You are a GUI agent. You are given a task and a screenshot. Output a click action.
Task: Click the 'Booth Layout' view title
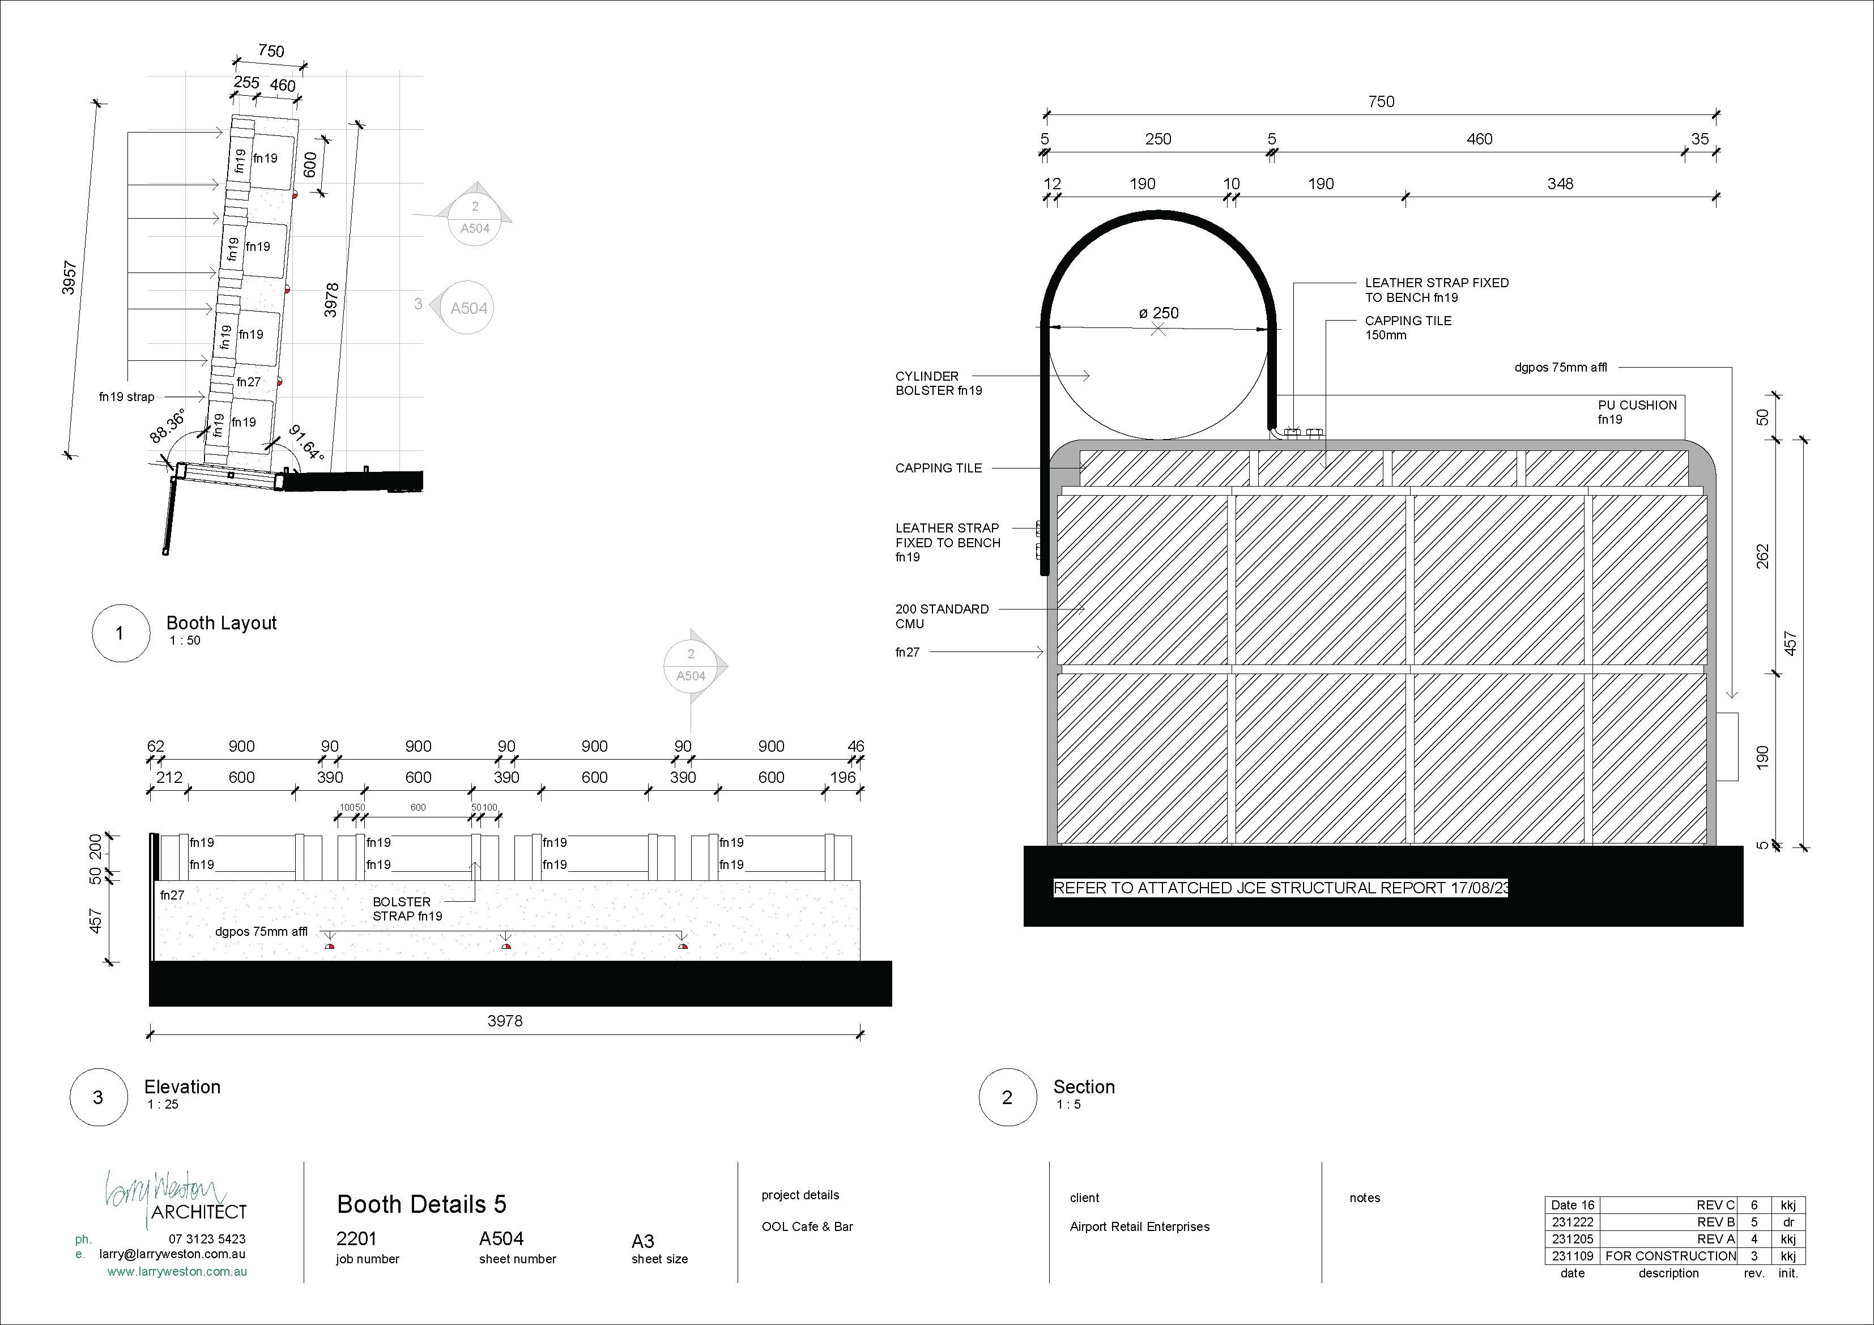point(221,623)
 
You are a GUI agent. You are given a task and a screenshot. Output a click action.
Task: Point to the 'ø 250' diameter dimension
point(1158,313)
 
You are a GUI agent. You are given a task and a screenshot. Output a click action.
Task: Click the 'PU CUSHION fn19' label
point(1637,411)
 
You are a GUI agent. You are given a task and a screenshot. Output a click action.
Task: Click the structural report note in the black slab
point(1280,888)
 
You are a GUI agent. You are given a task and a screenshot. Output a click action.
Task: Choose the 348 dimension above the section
point(1560,184)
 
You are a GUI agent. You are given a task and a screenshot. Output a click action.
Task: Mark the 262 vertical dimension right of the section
point(1762,556)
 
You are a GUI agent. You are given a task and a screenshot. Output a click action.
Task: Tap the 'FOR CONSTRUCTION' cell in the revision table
point(1670,1256)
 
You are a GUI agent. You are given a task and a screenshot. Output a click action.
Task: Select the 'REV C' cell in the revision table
point(1715,1205)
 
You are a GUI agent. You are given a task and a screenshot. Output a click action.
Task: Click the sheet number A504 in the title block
point(501,1238)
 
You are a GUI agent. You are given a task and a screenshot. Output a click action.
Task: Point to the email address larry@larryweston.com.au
point(172,1254)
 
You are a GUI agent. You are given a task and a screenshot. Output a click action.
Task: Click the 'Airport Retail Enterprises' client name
point(1139,1226)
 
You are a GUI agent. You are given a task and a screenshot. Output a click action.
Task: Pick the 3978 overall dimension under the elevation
point(504,1020)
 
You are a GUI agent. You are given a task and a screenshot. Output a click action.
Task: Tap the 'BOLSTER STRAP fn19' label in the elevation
point(407,909)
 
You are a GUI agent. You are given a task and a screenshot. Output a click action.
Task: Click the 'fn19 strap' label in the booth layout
point(126,397)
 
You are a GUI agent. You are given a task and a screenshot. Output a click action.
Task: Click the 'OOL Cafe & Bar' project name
point(806,1226)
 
